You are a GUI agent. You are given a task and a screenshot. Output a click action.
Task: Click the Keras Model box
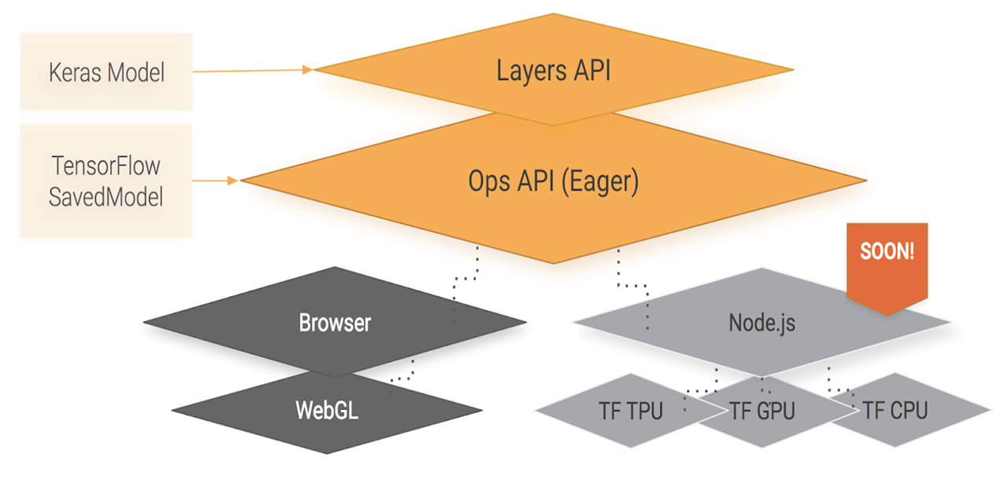[105, 72]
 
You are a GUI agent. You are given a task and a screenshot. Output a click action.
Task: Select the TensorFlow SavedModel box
[105, 181]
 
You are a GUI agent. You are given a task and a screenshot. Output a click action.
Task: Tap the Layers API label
[553, 71]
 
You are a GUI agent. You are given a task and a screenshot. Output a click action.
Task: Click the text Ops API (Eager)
[553, 181]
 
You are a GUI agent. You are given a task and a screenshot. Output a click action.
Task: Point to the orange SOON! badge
[887, 254]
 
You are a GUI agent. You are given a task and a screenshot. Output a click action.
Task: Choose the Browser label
[335, 322]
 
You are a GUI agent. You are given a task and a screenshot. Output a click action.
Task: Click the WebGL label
[327, 410]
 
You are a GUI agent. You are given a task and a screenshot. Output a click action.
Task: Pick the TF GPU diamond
[762, 410]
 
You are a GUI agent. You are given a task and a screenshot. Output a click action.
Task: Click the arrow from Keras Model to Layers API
[251, 71]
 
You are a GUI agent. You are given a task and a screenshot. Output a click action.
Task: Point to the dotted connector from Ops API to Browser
[465, 283]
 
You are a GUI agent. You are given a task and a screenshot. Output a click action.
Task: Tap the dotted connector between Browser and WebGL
[406, 372]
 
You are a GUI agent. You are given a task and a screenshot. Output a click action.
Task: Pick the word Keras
[75, 72]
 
